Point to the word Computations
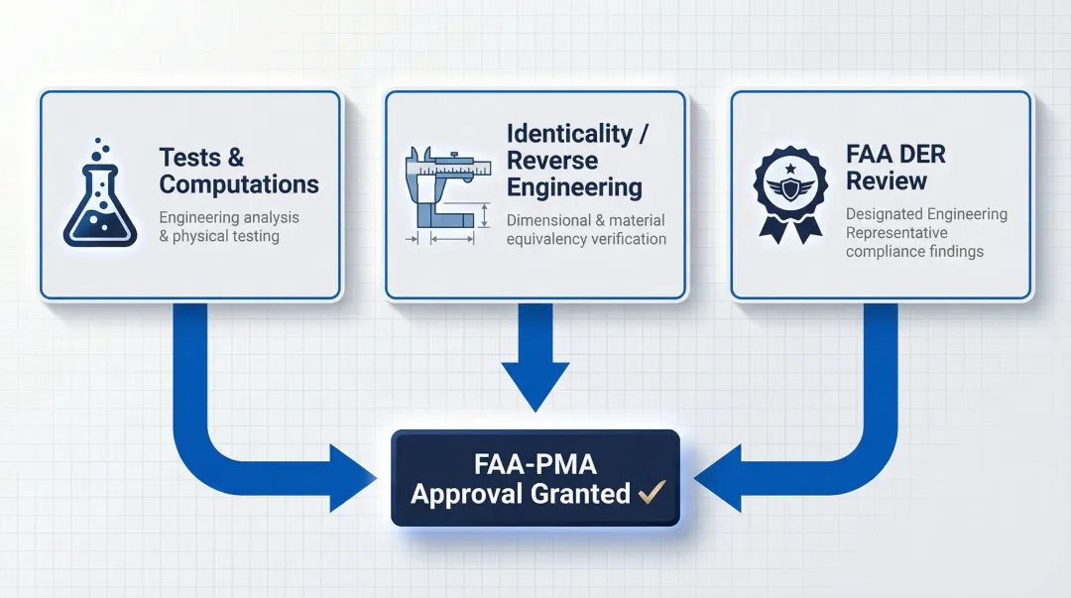click(x=239, y=184)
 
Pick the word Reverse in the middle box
click(x=552, y=161)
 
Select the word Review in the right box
click(x=888, y=181)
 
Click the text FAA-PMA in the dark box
click(x=535, y=463)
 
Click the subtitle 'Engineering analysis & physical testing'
click(x=228, y=227)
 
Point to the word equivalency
click(x=552, y=239)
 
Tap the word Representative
click(x=896, y=233)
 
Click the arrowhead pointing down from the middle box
click(x=535, y=387)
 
